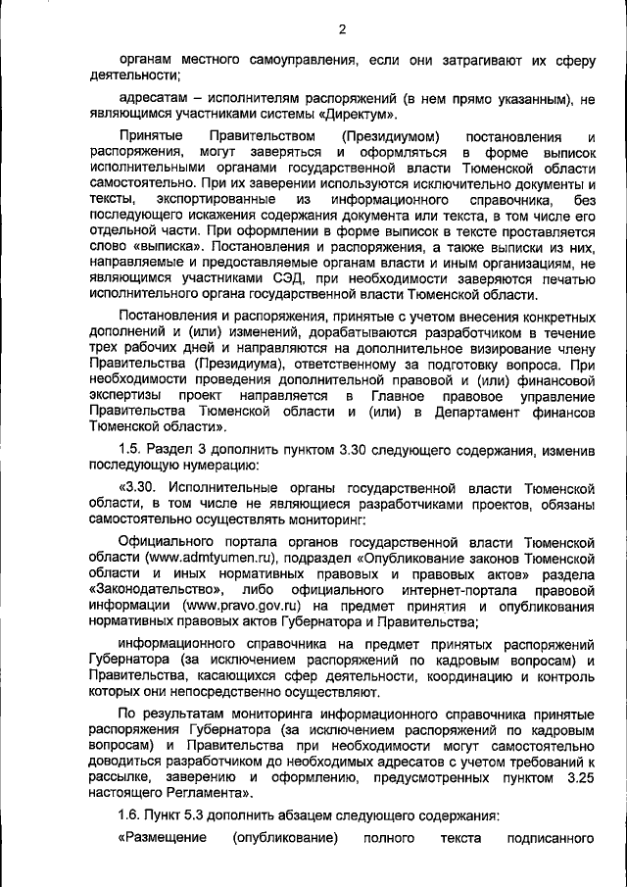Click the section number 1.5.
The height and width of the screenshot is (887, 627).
pos(131,450)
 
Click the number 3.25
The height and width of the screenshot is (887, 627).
pos(578,776)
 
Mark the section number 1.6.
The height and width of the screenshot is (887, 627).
pos(131,815)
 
